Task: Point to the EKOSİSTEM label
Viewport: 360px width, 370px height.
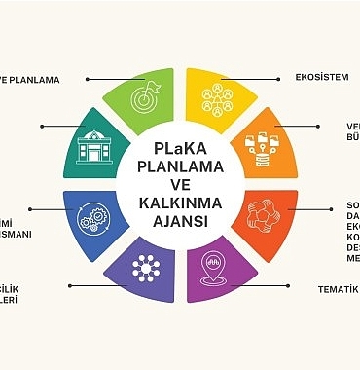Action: (321, 77)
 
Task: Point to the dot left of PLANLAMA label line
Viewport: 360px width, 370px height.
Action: (88, 78)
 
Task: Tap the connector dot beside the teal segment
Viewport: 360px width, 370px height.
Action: (42, 126)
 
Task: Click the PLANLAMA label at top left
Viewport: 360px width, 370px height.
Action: (29, 80)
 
